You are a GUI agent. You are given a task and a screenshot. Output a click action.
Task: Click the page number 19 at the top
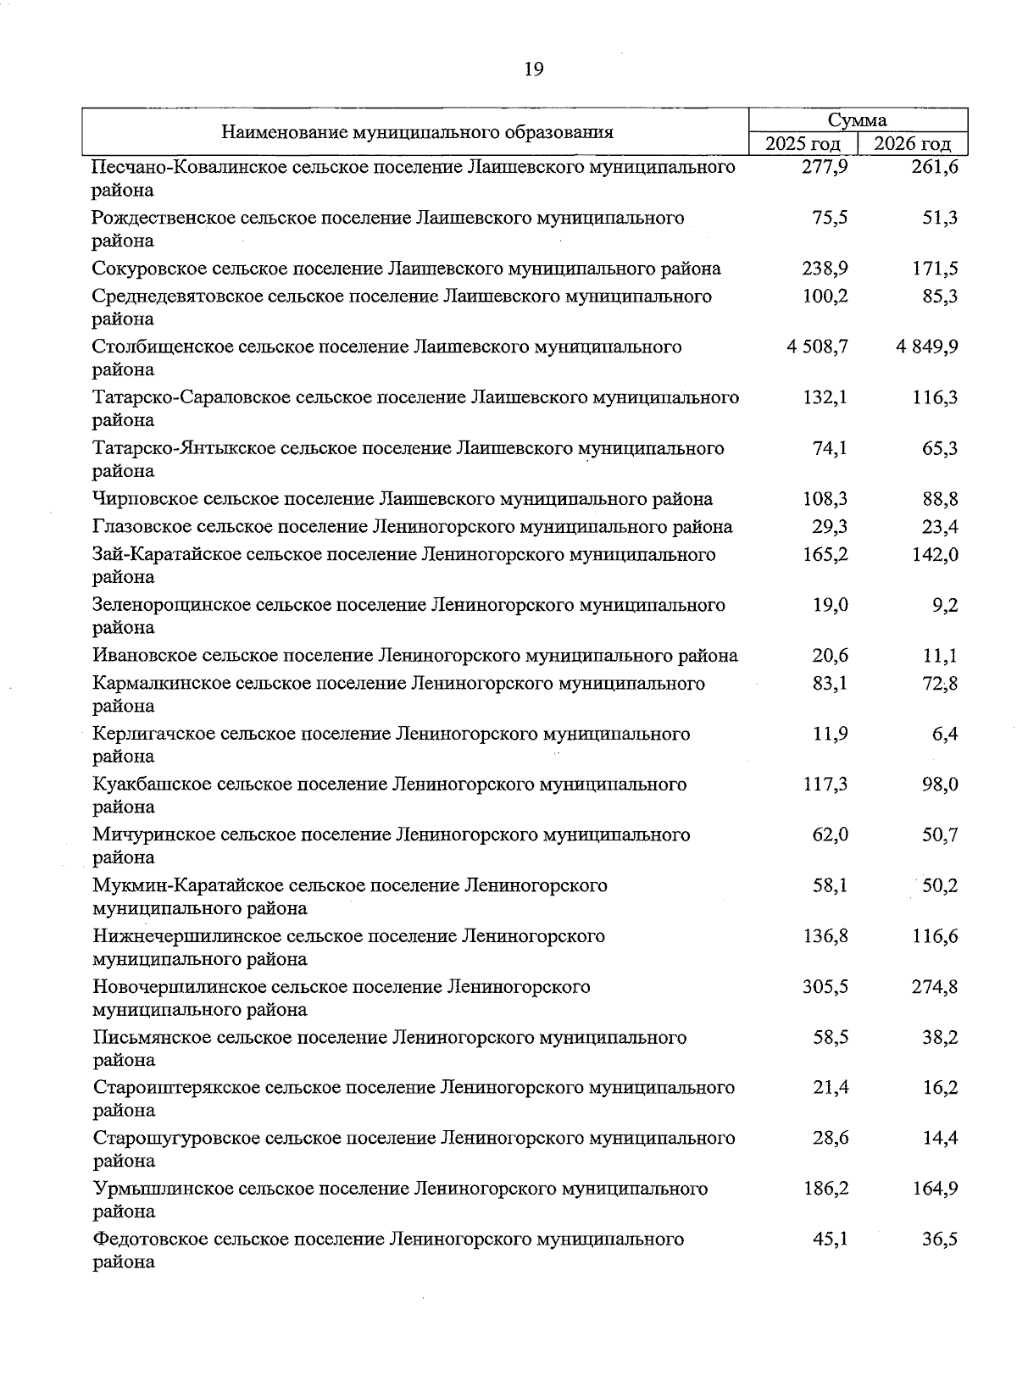point(533,69)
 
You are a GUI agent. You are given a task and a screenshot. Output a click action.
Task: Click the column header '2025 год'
point(802,144)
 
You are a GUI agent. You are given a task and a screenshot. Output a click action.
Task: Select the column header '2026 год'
point(913,144)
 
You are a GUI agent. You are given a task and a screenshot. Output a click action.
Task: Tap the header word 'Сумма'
point(857,120)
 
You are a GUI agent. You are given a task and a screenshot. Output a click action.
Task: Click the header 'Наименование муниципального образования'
point(417,132)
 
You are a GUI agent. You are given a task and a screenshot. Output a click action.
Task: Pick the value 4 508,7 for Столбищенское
point(817,347)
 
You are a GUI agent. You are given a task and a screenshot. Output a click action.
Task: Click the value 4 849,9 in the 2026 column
point(926,347)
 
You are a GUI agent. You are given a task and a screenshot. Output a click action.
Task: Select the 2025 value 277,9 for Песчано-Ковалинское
point(825,167)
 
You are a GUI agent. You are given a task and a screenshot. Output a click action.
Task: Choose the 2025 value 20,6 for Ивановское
point(831,655)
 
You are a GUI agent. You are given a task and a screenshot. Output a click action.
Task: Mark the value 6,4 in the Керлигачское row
point(945,734)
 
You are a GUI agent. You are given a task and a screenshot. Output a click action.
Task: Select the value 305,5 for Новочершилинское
point(825,986)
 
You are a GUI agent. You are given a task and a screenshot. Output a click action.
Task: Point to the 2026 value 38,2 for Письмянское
point(940,1037)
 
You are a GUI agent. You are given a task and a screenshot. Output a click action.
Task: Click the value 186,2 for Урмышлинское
point(825,1188)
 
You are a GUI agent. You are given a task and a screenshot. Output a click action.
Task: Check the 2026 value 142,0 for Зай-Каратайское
point(935,554)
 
